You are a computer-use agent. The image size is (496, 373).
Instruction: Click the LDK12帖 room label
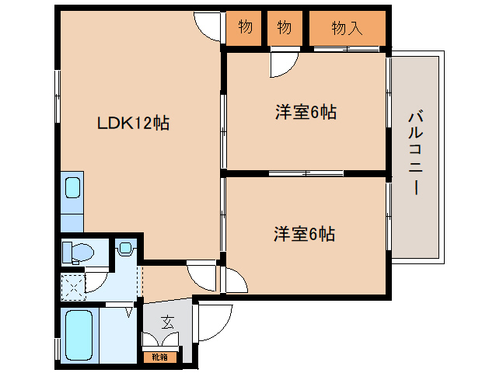(133, 122)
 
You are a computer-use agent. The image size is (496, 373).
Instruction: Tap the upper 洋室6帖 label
(305, 113)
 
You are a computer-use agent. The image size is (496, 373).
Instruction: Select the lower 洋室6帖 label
(304, 233)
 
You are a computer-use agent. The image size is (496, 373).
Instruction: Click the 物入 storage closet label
(347, 28)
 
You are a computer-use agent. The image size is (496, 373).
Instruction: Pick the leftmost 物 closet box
(245, 28)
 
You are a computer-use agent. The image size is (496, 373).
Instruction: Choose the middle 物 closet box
(285, 28)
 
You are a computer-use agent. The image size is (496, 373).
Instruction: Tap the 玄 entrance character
(167, 321)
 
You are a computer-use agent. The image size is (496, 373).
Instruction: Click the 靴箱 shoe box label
(159, 357)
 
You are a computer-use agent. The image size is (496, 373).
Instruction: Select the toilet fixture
(79, 252)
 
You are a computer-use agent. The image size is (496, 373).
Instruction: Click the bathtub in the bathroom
(79, 334)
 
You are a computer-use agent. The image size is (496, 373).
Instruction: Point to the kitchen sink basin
(72, 189)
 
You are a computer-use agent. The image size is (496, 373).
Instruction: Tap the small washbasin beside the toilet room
(125, 249)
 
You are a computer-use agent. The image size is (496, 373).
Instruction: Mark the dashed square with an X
(74, 287)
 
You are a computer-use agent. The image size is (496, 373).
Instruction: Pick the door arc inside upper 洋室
(281, 65)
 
